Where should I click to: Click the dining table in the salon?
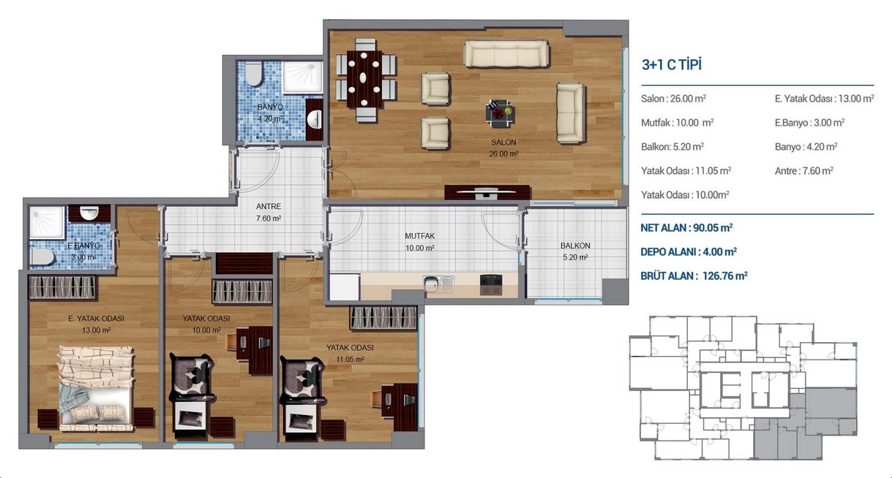click(364, 79)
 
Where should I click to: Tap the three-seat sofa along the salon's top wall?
click(506, 53)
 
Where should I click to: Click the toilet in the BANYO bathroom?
click(254, 74)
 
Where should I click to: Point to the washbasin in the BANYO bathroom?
click(315, 119)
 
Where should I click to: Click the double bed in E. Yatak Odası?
click(96, 388)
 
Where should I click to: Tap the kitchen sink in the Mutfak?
click(439, 284)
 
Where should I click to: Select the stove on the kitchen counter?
click(491, 285)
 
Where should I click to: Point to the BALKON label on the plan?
click(575, 246)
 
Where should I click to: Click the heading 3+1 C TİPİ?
click(672, 64)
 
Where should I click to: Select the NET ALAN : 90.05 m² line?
click(686, 228)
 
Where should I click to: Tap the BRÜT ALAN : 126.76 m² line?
click(694, 276)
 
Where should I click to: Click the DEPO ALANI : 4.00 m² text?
click(689, 251)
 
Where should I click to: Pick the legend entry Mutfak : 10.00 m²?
click(677, 123)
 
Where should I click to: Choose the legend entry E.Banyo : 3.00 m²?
click(809, 123)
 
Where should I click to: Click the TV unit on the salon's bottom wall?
click(487, 192)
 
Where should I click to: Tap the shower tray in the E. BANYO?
click(47, 222)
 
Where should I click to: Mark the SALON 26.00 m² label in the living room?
click(503, 148)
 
